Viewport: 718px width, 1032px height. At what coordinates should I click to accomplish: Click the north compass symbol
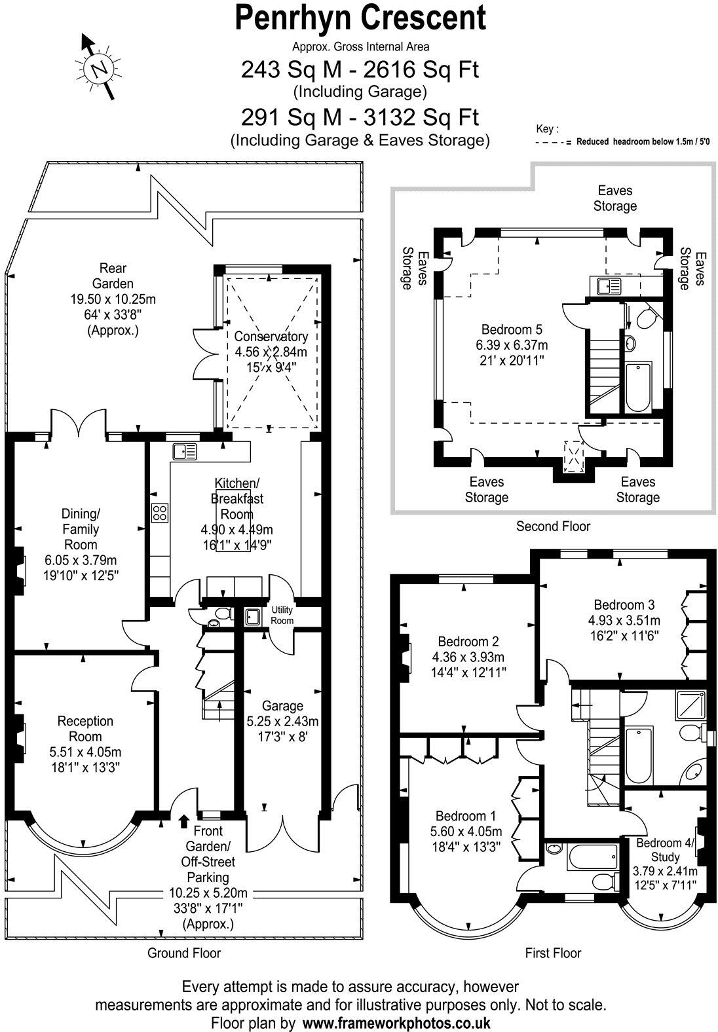click(x=100, y=67)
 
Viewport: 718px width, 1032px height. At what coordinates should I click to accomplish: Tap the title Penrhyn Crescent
click(x=360, y=18)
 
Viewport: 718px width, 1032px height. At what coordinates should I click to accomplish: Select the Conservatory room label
click(x=271, y=337)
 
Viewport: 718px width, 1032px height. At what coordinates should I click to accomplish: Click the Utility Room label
click(x=282, y=615)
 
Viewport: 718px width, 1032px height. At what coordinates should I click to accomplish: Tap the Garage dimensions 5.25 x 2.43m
click(x=282, y=722)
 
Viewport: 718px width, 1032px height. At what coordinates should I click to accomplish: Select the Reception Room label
click(x=85, y=728)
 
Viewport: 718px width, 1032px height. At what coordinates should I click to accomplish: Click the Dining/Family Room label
click(x=81, y=528)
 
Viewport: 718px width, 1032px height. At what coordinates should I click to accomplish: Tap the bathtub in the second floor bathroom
click(x=637, y=387)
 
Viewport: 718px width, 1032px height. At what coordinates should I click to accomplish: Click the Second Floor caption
click(x=553, y=526)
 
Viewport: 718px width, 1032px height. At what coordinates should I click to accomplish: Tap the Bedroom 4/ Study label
click(x=664, y=850)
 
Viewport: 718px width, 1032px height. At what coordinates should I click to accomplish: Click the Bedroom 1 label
click(x=466, y=816)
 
